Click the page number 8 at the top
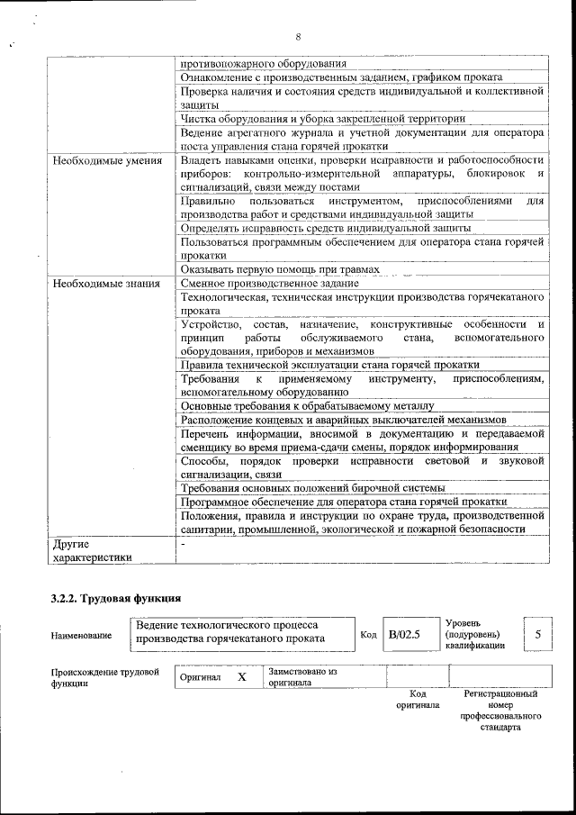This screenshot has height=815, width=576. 297,37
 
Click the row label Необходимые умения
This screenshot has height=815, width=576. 107,160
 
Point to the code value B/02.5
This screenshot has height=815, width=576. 404,634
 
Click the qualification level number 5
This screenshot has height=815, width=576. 538,634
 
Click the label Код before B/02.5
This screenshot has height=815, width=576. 368,634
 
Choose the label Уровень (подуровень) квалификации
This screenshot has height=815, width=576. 474,634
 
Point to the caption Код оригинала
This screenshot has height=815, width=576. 418,700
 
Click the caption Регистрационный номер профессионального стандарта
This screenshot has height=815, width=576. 500,711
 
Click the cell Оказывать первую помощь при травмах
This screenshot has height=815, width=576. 279,269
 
